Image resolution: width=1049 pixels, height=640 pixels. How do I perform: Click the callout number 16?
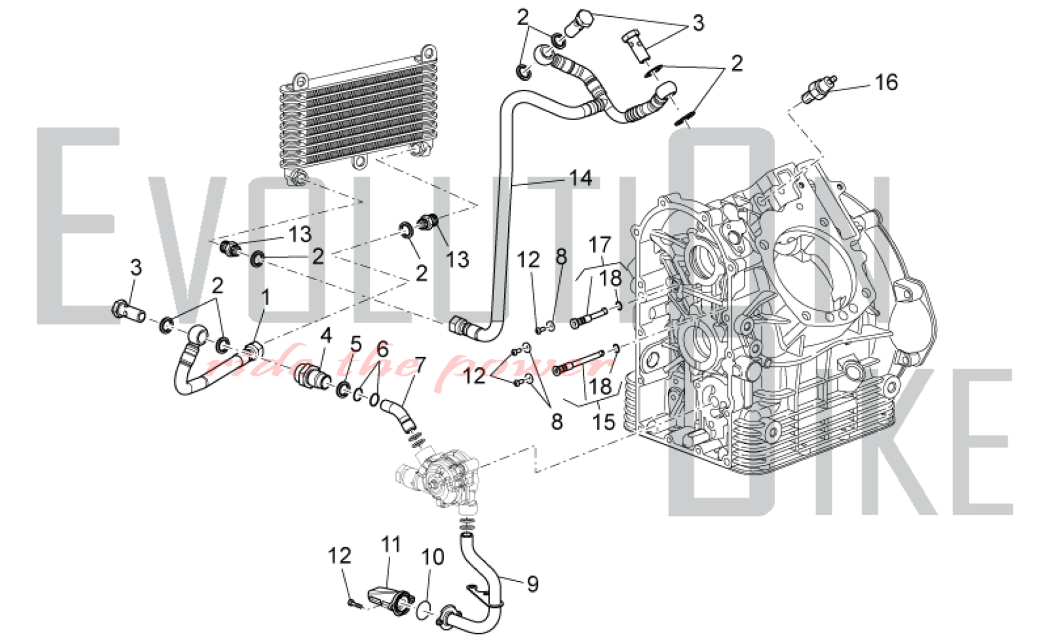click(886, 82)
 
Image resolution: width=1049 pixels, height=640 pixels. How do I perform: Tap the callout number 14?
click(581, 178)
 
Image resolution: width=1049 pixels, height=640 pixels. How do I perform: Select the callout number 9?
click(532, 584)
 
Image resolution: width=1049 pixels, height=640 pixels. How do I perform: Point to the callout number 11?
click(391, 545)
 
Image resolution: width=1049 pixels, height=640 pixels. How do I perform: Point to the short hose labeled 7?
click(399, 415)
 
